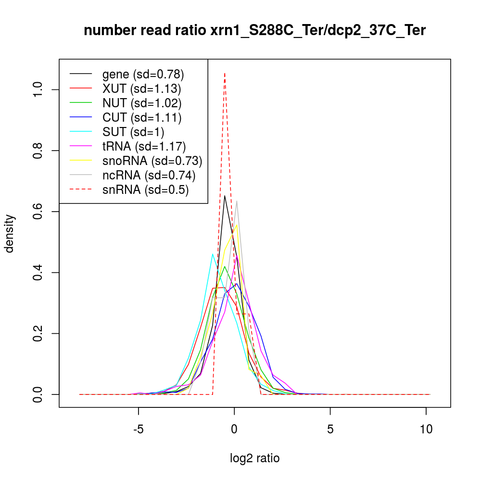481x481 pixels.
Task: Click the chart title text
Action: [x=254, y=30]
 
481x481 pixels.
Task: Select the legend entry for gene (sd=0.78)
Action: [x=143, y=75]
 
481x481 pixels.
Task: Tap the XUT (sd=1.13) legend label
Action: [x=141, y=89]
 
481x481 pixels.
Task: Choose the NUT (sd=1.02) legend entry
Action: [x=142, y=103]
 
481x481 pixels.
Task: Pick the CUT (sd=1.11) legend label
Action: [x=141, y=117]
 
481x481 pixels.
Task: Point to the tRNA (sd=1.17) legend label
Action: [x=144, y=145]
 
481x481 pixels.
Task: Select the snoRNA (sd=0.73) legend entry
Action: [x=152, y=160]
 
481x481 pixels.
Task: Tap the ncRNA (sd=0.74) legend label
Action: [x=149, y=175]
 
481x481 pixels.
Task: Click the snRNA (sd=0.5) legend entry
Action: [x=145, y=190]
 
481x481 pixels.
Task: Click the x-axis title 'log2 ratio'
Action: [x=255, y=458]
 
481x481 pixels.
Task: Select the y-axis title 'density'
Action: [x=10, y=233]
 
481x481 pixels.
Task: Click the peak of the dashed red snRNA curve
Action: [x=225, y=73]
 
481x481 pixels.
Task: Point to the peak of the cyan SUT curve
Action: [x=213, y=254]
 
